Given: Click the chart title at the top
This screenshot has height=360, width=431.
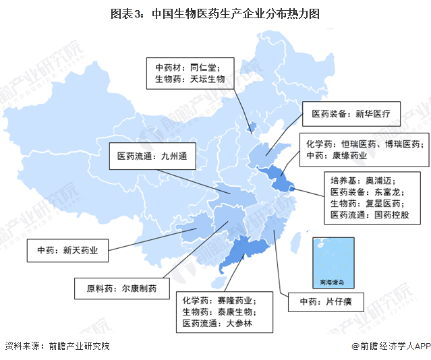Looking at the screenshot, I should pos(215,13).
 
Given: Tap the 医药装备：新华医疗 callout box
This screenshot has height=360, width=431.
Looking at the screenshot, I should pos(351,114).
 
